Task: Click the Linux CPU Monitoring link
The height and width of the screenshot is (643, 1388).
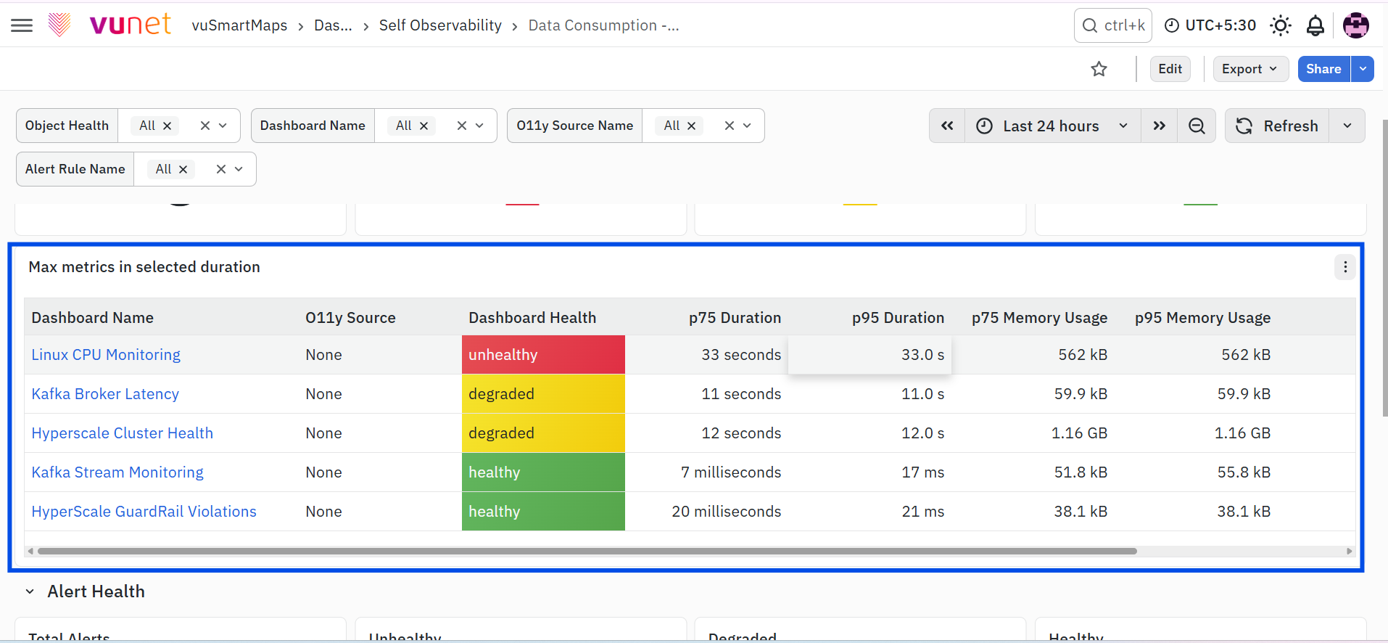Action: point(106,355)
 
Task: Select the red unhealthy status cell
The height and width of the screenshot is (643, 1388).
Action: point(543,355)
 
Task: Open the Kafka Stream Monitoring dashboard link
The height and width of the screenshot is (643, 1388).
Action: point(117,472)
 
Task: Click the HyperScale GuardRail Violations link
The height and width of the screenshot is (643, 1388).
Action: point(144,512)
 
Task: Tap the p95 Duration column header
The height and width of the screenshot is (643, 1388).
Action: point(898,318)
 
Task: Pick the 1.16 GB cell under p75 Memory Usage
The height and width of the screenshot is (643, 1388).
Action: point(1079,433)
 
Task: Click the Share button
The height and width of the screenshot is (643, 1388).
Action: point(1323,69)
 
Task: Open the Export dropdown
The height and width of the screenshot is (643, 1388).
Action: point(1250,69)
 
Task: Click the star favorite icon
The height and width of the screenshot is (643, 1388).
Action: point(1099,69)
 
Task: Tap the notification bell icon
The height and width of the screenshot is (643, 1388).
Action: point(1315,25)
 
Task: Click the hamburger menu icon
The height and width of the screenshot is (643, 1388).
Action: point(22,25)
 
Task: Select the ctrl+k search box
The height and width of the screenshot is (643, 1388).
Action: point(1113,25)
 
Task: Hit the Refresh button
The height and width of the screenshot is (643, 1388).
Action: point(1277,126)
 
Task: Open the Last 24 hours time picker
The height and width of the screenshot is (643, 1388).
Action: point(1052,126)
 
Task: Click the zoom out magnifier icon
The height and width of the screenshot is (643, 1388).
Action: point(1197,126)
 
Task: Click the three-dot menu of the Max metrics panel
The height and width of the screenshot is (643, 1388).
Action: point(1345,267)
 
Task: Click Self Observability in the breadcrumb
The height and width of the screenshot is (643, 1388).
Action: point(440,25)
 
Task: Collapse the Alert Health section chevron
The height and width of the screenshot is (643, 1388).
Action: point(30,591)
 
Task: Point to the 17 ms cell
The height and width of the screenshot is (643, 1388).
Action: point(922,472)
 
